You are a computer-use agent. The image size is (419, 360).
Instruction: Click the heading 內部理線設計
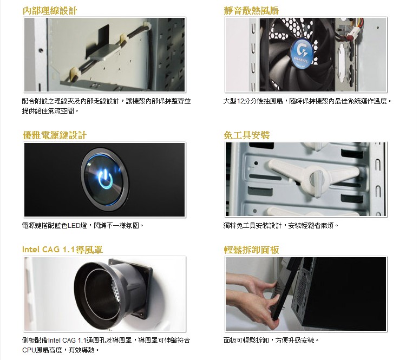pos(50,11)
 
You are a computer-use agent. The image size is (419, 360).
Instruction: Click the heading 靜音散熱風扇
pos(251,11)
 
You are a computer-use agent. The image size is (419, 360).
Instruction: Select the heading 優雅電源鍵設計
pos(55,135)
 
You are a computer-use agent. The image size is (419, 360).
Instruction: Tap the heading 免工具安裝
pos(247,135)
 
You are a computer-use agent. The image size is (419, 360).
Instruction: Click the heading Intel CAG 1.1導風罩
pos(63,250)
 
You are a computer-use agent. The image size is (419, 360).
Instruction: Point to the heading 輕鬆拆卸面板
pos(251,250)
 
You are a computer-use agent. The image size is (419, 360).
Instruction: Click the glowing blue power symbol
pos(106,180)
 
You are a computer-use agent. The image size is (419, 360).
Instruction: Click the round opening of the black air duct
pos(100,290)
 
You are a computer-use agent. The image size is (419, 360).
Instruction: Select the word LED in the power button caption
pos(74,226)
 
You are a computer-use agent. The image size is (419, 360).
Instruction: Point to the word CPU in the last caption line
pos(29,350)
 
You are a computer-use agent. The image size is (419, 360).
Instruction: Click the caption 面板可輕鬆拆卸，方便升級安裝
pos(271,341)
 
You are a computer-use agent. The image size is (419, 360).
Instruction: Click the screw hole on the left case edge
pos(41,50)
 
